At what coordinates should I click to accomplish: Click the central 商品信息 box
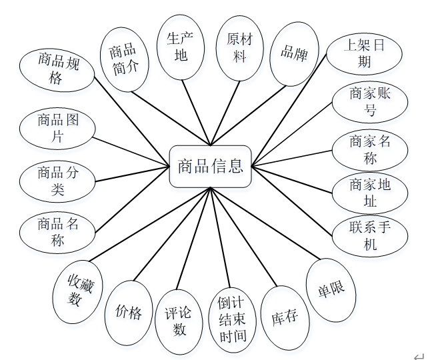(x=210, y=166)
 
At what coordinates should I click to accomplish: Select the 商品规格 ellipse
(x=58, y=69)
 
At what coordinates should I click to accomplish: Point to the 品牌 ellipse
(x=294, y=54)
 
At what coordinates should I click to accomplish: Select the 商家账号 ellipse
(x=371, y=102)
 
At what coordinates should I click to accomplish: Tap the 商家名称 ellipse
(x=371, y=150)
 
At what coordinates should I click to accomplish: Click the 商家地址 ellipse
(x=371, y=192)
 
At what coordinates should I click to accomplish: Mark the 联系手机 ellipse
(x=371, y=235)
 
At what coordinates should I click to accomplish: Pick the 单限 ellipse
(x=331, y=289)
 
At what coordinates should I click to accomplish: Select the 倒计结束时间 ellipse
(x=233, y=319)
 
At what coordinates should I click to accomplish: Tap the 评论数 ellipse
(x=180, y=321)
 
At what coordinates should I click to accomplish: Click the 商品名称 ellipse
(x=58, y=231)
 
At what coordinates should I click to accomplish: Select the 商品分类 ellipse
(x=58, y=181)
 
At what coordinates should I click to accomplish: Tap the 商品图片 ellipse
(x=58, y=129)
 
